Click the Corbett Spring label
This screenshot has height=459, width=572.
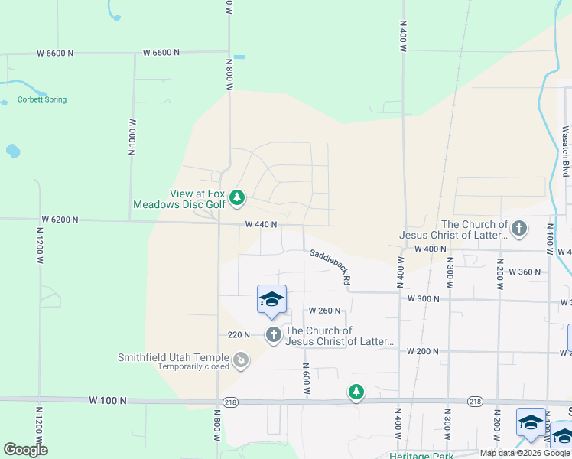(x=42, y=99)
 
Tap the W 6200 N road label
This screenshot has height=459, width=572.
(x=59, y=220)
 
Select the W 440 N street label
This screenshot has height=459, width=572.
(x=261, y=225)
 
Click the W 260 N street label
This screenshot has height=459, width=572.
(x=323, y=311)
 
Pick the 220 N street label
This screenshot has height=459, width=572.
(x=239, y=334)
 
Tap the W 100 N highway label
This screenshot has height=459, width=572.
(x=106, y=400)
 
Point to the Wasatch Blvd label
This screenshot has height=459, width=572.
(x=566, y=151)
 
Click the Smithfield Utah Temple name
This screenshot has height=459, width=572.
(x=173, y=357)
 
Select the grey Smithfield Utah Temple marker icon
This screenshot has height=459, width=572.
(x=241, y=360)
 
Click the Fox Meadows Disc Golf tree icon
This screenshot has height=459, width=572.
(x=237, y=199)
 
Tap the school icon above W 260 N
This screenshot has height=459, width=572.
(x=271, y=299)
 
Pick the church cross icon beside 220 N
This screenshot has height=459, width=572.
(x=274, y=334)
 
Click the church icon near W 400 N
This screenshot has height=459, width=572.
(x=519, y=228)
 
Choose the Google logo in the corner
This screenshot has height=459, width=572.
(x=25, y=450)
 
